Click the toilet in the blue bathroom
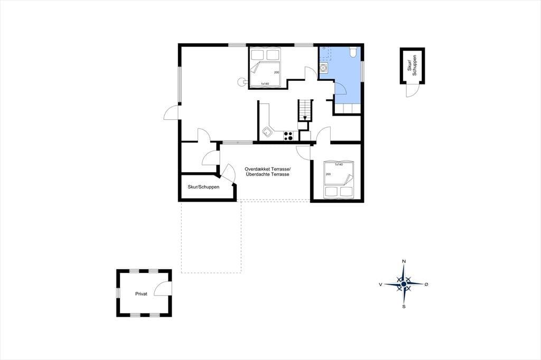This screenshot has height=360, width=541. pyautogui.click(x=353, y=52)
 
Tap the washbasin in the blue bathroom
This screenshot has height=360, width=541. pyautogui.click(x=324, y=68)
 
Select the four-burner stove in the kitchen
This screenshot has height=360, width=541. pyautogui.click(x=288, y=136)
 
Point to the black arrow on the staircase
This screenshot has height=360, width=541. pyautogui.click(x=305, y=118)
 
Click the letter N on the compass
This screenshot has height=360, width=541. pyautogui.click(x=404, y=261)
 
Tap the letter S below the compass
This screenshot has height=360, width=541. pyautogui.click(x=404, y=307)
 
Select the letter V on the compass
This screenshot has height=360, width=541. pyautogui.click(x=380, y=285)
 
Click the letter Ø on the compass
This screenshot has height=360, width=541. pyautogui.click(x=427, y=284)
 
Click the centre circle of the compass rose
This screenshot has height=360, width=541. pyautogui.click(x=404, y=284)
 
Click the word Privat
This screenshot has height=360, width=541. pyautogui.click(x=141, y=294)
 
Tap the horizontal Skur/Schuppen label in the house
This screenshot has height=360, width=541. pyautogui.click(x=203, y=187)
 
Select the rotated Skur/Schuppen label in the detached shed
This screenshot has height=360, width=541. pyautogui.click(x=412, y=65)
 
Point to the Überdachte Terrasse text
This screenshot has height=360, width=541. pyautogui.click(x=267, y=175)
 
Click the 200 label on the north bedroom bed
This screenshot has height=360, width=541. pyautogui.click(x=277, y=72)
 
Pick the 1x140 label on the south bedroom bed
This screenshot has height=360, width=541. pyautogui.click(x=339, y=165)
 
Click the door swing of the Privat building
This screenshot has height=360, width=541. pyautogui.click(x=163, y=288)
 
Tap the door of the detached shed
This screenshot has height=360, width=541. pyautogui.click(x=412, y=90)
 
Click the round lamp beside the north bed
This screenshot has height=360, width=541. pyautogui.click(x=241, y=82)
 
